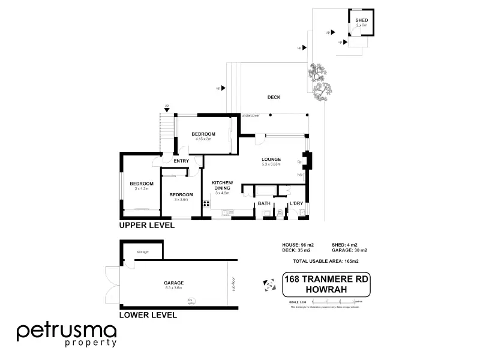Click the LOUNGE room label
pyautogui.click(x=271, y=159)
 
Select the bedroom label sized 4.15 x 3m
pyautogui.click(x=203, y=134)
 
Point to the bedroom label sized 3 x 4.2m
pyautogui.click(x=142, y=184)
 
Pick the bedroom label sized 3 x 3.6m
pyautogui.click(x=181, y=195)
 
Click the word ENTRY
pyautogui.click(x=181, y=161)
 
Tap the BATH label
pyautogui.click(x=264, y=204)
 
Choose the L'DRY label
pyautogui.click(x=296, y=204)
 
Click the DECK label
pyautogui.click(x=274, y=97)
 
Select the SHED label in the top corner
pyautogui.click(x=362, y=21)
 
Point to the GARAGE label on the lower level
pyautogui.click(x=173, y=283)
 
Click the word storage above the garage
pyautogui.click(x=142, y=251)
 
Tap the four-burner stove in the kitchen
pyautogui.click(x=206, y=203)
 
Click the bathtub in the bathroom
pyautogui.click(x=265, y=192)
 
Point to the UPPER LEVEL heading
pyautogui.click(x=147, y=226)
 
